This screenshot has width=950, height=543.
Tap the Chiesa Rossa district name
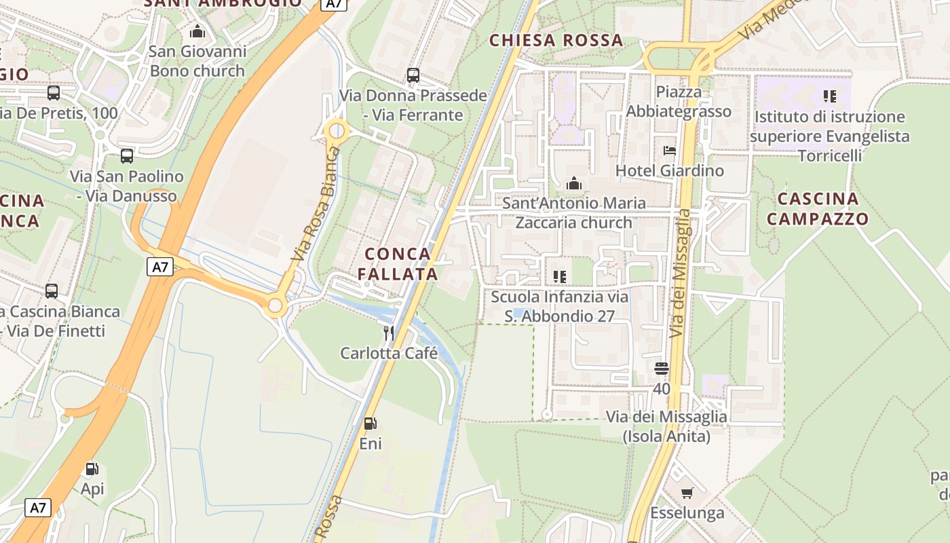556,41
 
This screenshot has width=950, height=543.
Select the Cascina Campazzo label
822,209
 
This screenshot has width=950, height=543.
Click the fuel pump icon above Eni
370,424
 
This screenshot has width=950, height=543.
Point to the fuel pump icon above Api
92,468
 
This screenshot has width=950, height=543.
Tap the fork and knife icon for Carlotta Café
389,333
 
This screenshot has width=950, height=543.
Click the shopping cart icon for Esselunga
687,493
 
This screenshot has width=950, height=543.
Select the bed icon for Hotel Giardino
669,150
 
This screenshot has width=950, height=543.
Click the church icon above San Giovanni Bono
197,31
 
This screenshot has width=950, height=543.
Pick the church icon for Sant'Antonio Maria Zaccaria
573,183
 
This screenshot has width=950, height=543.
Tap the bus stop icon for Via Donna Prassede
413,75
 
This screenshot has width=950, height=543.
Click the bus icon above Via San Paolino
127,156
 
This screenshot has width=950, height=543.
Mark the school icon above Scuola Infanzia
559,276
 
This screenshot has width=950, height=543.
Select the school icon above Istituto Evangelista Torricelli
829,96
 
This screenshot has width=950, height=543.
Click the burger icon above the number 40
662,369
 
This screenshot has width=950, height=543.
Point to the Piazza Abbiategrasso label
679,102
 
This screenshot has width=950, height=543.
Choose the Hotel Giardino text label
669,170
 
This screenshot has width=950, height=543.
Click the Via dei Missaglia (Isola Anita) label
666,426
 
